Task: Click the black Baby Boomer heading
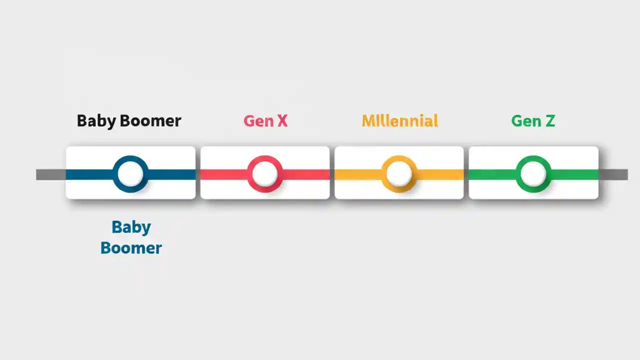(x=128, y=121)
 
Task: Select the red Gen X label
(x=265, y=121)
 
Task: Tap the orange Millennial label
(x=399, y=121)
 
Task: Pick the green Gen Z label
(x=533, y=121)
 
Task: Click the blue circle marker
(x=130, y=174)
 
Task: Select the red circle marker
(x=264, y=174)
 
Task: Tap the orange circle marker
(x=399, y=174)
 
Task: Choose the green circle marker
(x=533, y=174)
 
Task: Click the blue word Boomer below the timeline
(x=131, y=248)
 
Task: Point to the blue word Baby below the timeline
(x=131, y=227)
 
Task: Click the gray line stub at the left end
(x=50, y=174)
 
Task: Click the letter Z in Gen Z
(x=549, y=121)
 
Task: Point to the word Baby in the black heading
(x=96, y=121)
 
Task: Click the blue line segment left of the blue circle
(x=89, y=174)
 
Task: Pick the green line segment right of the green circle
(x=575, y=174)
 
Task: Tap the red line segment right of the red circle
(x=306, y=174)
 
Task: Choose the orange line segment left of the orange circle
(x=357, y=174)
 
